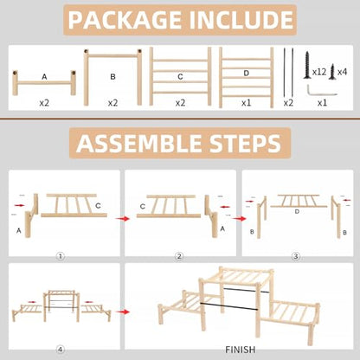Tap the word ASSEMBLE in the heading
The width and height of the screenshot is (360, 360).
pos(140,143)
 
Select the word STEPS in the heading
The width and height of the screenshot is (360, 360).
pos(245,143)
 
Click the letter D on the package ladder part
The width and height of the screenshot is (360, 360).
pos(246,73)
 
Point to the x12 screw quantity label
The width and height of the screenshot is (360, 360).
pos(319,72)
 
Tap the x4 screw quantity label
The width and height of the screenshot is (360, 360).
pos(342,72)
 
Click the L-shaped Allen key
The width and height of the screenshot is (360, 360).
pos(321,90)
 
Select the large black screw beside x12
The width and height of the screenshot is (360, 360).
pos(307,65)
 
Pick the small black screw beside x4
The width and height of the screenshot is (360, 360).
pos(332,72)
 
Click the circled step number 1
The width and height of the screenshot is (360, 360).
pos(61,256)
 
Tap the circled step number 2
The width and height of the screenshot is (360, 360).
pos(179,256)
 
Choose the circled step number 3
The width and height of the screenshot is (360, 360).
pos(296,256)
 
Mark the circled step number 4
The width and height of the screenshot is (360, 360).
pos(61,350)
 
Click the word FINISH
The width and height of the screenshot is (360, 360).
pos(241,350)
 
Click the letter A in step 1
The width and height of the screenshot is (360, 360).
pos(19,231)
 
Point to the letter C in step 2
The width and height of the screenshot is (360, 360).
pos(143,207)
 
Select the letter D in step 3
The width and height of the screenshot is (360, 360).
pos(297,212)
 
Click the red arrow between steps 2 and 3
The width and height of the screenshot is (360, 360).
pos(239,219)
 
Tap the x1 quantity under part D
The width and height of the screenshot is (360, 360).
pos(246,103)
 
